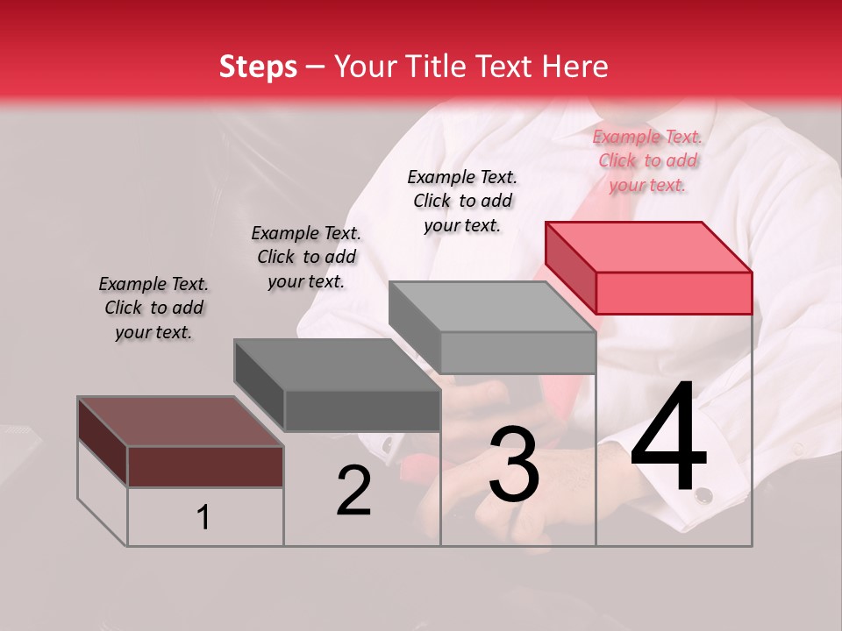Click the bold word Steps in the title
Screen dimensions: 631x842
[258, 67]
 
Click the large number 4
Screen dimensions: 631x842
[668, 440]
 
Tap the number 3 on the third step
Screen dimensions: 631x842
[513, 465]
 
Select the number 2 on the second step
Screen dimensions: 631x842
[353, 491]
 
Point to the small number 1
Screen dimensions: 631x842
[203, 518]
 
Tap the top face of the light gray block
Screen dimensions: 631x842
[492, 307]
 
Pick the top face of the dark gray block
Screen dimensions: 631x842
[337, 365]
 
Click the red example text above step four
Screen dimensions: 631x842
[647, 160]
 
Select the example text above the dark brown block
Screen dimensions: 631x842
[153, 308]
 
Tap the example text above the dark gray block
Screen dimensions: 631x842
[306, 257]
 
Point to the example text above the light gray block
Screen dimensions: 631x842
[462, 201]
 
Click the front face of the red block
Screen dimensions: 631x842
[674, 293]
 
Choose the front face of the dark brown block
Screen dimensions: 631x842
[205, 466]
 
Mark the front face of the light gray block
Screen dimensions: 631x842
[517, 352]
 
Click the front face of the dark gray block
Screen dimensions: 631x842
[362, 410]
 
